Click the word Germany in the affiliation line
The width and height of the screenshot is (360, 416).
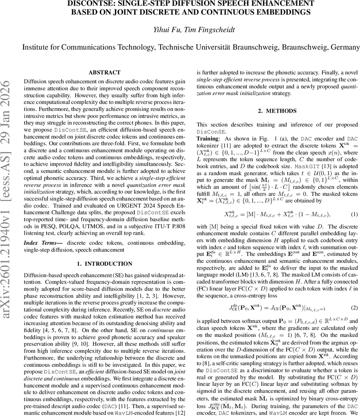342,47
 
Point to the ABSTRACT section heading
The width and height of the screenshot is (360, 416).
104,72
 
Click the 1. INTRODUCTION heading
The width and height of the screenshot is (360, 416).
104,264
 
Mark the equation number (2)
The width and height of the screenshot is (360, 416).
354,307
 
